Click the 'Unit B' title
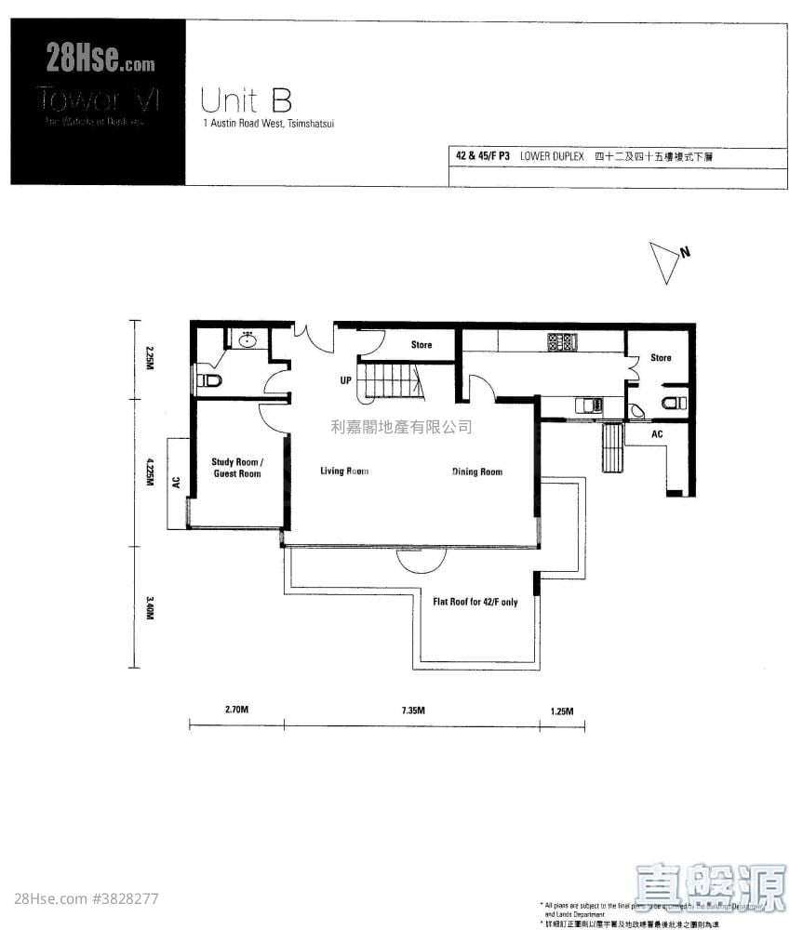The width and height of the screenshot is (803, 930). click(238, 99)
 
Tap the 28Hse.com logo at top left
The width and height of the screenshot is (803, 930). click(100, 62)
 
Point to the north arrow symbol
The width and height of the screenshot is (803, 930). click(668, 262)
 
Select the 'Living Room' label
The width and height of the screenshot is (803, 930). click(344, 472)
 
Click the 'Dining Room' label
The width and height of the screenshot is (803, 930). click(476, 472)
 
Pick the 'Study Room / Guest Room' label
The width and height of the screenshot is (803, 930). click(236, 468)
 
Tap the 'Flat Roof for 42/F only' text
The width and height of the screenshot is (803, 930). click(475, 602)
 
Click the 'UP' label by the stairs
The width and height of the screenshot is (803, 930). click(345, 381)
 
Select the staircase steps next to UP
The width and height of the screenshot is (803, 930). click(392, 381)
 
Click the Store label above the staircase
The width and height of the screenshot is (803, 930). click(422, 345)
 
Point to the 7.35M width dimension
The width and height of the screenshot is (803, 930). click(413, 711)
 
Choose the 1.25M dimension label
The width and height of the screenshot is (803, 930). click(561, 711)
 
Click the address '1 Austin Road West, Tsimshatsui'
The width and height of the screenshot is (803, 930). click(268, 122)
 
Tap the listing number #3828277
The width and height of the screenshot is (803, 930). click(126, 899)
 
